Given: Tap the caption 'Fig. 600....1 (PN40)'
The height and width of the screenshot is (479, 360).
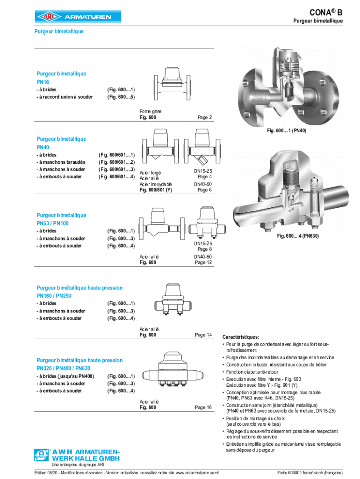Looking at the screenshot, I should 287,131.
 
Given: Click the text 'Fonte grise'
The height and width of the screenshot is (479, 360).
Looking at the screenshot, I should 151,111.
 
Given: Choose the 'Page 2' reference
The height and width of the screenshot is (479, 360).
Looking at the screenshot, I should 205,117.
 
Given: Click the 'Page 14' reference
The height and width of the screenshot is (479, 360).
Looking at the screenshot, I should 203,335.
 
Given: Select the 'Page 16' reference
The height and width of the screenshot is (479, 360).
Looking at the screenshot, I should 203,407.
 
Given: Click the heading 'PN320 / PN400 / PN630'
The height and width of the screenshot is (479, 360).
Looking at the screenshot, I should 66,369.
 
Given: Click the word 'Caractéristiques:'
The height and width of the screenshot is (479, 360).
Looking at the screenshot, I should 241,337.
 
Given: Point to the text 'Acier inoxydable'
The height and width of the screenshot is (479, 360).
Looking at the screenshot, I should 156,184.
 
